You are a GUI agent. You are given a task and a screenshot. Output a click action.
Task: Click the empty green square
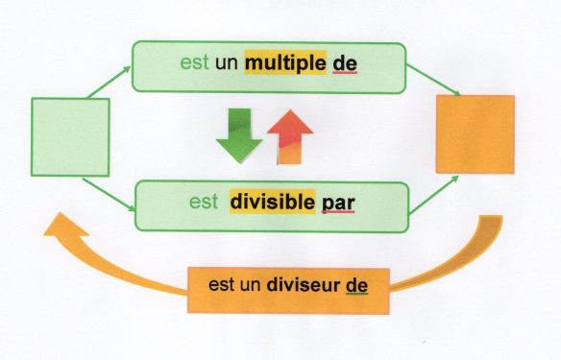[70, 136]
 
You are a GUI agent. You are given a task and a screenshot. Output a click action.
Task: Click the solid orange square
[475, 133]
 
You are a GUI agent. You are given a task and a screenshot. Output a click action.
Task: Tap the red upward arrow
[286, 132]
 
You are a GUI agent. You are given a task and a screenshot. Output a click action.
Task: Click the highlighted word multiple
[285, 63]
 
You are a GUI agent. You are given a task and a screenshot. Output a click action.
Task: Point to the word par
[340, 204]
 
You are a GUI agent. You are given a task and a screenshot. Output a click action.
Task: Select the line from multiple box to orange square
[432, 79]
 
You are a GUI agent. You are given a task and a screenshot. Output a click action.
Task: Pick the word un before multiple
[227, 63]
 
